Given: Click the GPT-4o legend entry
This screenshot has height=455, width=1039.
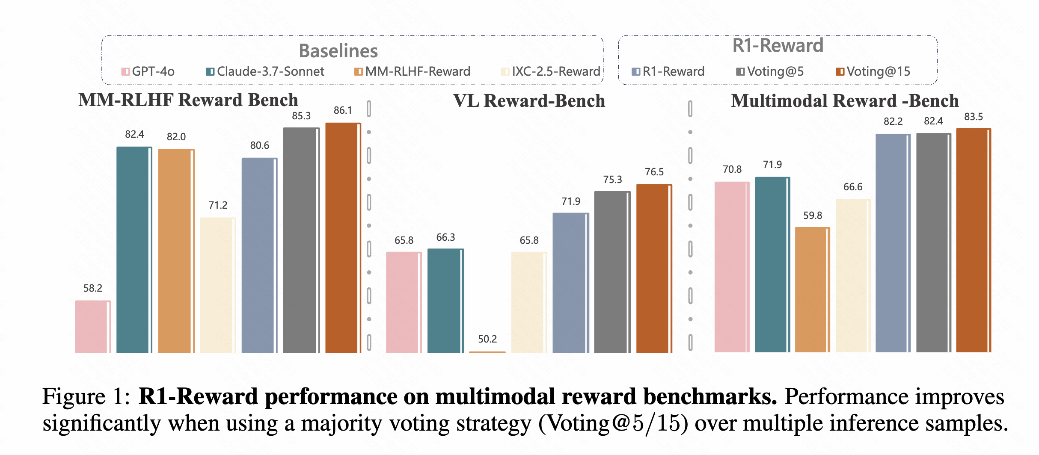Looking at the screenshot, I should [148, 71].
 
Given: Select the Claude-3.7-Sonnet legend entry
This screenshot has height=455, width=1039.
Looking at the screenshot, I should [265, 71].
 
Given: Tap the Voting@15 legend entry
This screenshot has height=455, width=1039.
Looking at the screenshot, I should [873, 71].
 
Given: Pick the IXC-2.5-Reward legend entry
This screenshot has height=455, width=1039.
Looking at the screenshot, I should [551, 71].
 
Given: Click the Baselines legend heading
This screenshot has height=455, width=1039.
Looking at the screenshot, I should [338, 51].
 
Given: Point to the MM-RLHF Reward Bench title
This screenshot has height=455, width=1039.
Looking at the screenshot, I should [188, 100].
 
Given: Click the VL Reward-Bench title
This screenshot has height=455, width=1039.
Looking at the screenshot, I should [529, 101].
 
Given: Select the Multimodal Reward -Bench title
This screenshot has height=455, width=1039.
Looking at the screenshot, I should [845, 101].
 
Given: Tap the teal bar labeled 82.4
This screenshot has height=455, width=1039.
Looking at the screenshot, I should [134, 250].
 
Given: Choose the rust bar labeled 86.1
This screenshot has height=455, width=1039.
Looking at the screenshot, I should [343, 238].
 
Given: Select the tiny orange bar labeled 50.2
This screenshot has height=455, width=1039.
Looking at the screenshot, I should [487, 352].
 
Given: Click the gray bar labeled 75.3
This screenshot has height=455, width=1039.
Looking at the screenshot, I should [612, 272].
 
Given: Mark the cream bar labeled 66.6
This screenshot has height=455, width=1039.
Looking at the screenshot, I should [853, 276].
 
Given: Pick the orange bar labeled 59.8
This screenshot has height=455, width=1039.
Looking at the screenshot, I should [812, 290].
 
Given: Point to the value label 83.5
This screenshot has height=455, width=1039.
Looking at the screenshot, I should [974, 117].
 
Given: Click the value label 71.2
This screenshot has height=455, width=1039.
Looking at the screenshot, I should [218, 205].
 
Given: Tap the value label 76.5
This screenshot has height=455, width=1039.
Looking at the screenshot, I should [654, 172].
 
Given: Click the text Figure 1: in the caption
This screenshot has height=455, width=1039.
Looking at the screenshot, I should [86, 396].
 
